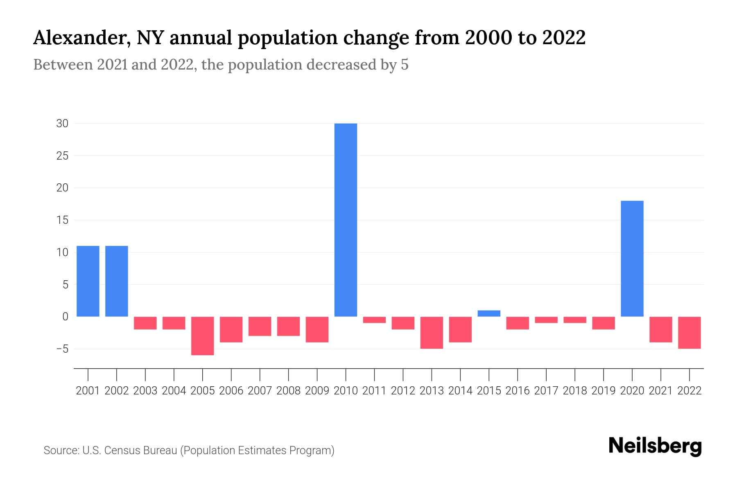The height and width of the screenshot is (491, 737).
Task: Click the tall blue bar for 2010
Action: pyautogui.click(x=346, y=220)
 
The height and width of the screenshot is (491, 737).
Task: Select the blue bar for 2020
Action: pyautogui.click(x=632, y=259)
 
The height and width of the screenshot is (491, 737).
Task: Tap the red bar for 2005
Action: pyautogui.click(x=203, y=336)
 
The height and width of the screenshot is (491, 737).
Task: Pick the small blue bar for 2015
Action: pyautogui.click(x=489, y=313)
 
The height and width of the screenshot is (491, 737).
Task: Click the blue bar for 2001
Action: pyautogui.click(x=88, y=281)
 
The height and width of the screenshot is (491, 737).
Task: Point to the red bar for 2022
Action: pyautogui.click(x=690, y=332)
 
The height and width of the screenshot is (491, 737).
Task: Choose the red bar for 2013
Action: pyautogui.click(x=432, y=332)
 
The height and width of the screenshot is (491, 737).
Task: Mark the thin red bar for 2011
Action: pyautogui.click(x=374, y=320)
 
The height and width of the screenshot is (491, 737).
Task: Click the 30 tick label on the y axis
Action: pyautogui.click(x=62, y=124)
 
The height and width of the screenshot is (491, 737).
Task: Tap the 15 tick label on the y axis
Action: pyautogui.click(x=62, y=220)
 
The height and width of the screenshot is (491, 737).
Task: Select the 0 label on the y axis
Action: pyautogui.click(x=65, y=317)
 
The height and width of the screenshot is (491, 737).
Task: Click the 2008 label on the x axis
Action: pyautogui.click(x=288, y=391)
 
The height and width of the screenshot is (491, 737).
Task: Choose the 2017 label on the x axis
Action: pyautogui.click(x=546, y=391)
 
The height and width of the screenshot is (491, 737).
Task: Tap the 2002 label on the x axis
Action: pyautogui.click(x=117, y=391)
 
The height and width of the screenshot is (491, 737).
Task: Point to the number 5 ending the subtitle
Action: pyautogui.click(x=405, y=65)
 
